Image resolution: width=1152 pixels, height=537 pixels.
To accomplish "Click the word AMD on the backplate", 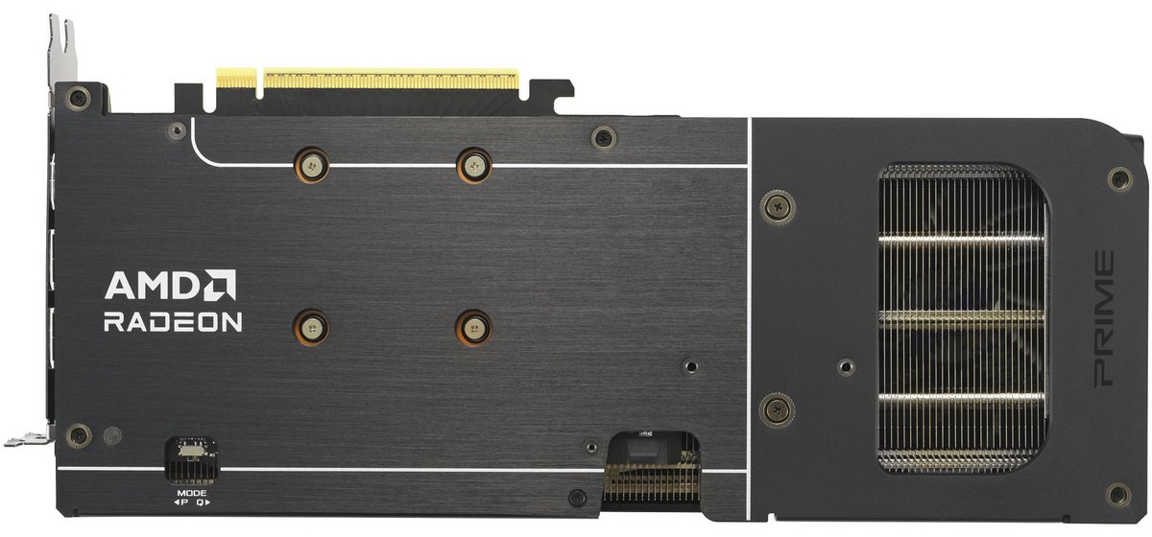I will [152, 286].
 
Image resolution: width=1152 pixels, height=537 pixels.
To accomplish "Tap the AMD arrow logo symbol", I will [220, 286].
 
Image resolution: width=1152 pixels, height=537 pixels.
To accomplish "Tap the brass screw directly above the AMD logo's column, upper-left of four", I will [311, 165].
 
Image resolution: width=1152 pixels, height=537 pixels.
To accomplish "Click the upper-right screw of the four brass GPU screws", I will [473, 165].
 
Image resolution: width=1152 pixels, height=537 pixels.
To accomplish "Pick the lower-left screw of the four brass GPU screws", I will [311, 327].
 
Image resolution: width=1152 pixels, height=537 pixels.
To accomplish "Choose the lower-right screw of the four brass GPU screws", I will [473, 327].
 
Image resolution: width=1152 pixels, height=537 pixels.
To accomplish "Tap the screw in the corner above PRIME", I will [1118, 177].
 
